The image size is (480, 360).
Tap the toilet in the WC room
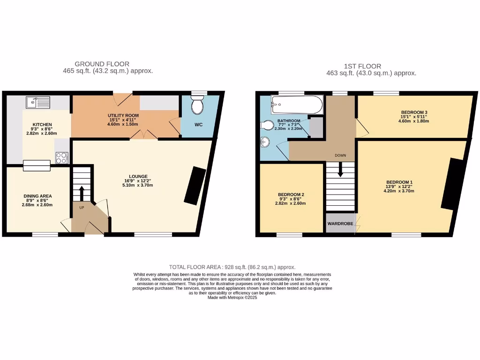click(x=198, y=106)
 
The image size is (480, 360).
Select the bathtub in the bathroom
click(x=297, y=105)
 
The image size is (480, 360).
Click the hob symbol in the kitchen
click(x=62, y=157)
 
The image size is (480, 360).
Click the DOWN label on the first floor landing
click(x=340, y=155)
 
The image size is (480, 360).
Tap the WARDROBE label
click(x=340, y=224)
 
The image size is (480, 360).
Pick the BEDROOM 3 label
click(x=413, y=112)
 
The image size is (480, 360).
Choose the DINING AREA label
click(x=37, y=196)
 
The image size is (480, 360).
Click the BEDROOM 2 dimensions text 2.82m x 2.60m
click(x=291, y=203)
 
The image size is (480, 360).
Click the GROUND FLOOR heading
click(x=102, y=64)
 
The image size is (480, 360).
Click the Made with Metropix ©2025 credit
click(x=232, y=297)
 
